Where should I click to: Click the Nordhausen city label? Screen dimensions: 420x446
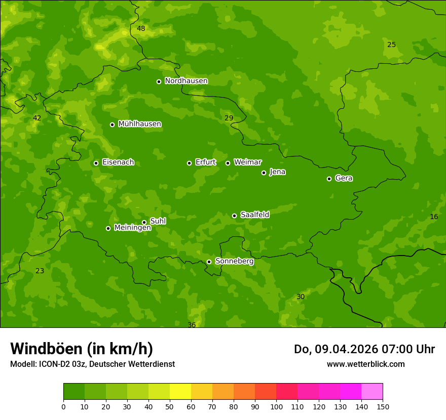[x=186, y=81]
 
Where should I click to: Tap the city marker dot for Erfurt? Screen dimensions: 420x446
[x=189, y=163]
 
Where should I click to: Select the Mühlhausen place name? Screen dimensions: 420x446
[x=139, y=124]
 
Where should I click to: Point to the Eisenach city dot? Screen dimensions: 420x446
[x=96, y=163]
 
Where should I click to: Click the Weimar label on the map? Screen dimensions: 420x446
[x=247, y=162]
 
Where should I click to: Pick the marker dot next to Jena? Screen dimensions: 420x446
[x=264, y=173]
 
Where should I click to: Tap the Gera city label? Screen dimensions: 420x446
[x=344, y=178]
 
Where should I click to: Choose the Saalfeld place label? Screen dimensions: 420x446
[x=254, y=215]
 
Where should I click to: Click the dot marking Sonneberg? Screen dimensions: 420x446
[x=209, y=262]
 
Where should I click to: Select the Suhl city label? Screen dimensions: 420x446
[x=158, y=221]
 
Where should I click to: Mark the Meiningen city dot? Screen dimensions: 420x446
[x=108, y=228]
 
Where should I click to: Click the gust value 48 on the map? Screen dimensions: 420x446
[x=141, y=28]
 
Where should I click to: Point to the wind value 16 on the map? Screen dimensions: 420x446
[x=434, y=217]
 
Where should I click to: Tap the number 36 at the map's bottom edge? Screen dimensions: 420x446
[x=192, y=325]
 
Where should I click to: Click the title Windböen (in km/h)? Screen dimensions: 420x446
[x=82, y=349]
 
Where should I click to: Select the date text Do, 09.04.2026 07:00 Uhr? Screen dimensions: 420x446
[x=364, y=349]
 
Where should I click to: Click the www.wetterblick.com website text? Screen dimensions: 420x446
[x=365, y=364]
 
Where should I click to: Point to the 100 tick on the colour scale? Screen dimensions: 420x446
[x=276, y=406]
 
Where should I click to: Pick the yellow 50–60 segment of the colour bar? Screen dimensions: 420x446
[x=180, y=392]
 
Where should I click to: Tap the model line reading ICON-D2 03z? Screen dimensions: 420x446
[x=92, y=364]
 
